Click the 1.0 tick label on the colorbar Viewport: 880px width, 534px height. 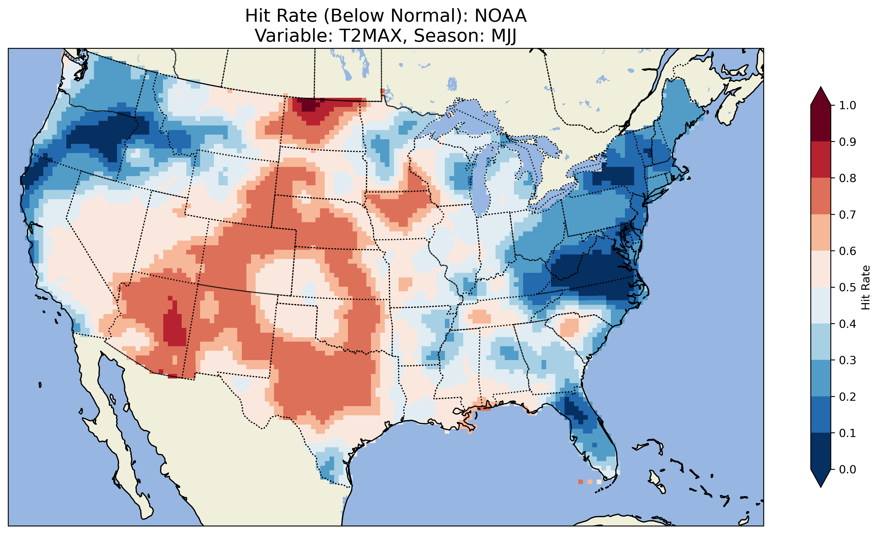click(848, 105)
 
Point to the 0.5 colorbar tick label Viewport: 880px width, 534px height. click(848, 287)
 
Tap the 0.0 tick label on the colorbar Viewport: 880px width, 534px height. click(848, 469)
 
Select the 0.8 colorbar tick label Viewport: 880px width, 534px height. click(848, 178)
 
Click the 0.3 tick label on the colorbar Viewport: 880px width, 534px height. click(848, 360)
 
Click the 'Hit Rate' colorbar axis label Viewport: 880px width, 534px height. click(865, 287)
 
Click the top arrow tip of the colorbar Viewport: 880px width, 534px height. click(821, 87)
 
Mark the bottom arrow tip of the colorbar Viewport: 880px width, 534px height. click(821, 487)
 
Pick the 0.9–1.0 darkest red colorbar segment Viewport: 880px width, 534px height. click(821, 123)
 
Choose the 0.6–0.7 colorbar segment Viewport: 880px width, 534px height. click(821, 232)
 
